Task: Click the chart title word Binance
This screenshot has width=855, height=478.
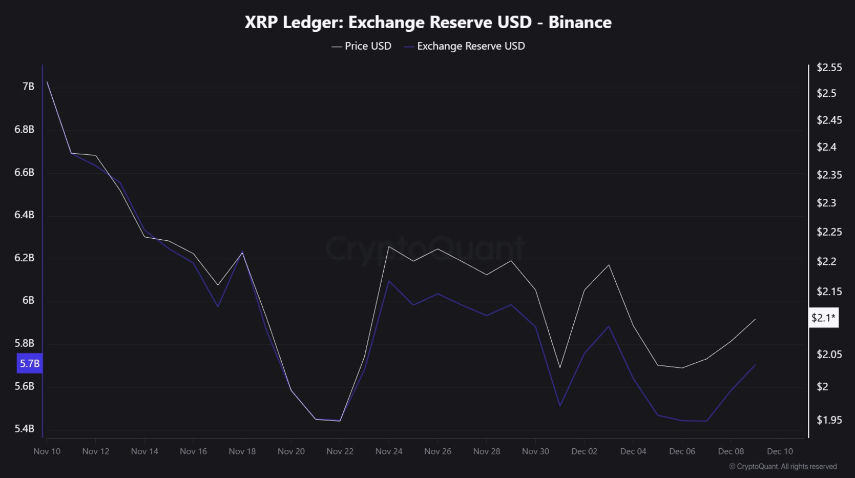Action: [x=579, y=23]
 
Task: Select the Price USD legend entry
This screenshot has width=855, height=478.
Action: [x=362, y=46]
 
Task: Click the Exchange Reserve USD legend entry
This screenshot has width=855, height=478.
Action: [x=465, y=46]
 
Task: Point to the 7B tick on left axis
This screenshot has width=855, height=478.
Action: [x=28, y=87]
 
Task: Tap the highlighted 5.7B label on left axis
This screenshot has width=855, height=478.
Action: [x=29, y=364]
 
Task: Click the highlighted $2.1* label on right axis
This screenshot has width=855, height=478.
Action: [x=823, y=318]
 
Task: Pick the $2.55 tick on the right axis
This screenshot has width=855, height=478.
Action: [x=829, y=68]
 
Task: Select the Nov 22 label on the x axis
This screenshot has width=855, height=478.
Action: [x=340, y=451]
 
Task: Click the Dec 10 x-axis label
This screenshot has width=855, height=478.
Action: [x=780, y=451]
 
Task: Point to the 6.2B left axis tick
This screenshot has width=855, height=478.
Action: [x=24, y=258]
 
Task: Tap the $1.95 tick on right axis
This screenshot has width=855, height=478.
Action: [x=829, y=420]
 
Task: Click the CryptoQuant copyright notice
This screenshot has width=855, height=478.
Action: [x=783, y=467]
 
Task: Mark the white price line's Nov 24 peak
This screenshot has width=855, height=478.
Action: [x=389, y=246]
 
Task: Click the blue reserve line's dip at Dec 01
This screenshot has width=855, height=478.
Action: [x=560, y=406]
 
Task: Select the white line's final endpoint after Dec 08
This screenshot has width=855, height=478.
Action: [x=755, y=319]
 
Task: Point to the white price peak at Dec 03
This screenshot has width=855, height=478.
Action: [x=609, y=265]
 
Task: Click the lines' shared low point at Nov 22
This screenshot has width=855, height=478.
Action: [x=340, y=421]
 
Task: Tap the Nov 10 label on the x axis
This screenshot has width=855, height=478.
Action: [x=47, y=451]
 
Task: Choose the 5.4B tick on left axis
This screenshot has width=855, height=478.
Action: [x=24, y=429]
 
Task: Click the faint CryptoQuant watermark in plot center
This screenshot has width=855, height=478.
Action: [x=425, y=248]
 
